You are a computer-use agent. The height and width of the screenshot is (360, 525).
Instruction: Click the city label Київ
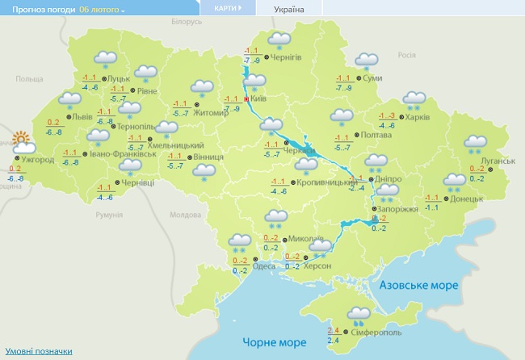[x=259, y=98]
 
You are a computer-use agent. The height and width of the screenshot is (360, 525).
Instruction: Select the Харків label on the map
[x=417, y=116]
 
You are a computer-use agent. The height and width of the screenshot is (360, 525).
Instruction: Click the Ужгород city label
[x=38, y=160]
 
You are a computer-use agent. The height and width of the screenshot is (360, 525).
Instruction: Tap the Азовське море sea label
[x=419, y=286]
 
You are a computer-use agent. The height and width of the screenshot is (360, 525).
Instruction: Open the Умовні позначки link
[x=39, y=351]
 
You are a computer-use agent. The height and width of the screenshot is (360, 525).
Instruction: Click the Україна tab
[x=289, y=9]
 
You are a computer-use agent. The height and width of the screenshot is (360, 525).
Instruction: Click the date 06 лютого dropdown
[x=102, y=9]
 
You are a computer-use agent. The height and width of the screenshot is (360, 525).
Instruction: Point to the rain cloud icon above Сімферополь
[x=358, y=315]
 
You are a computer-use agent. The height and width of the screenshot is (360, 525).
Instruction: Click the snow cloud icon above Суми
[x=367, y=61]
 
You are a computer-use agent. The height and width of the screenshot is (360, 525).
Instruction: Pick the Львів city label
[x=82, y=116]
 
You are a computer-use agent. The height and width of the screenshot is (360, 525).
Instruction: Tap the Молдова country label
[x=184, y=215]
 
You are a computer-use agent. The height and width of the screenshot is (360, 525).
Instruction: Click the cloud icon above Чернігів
[x=279, y=40]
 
